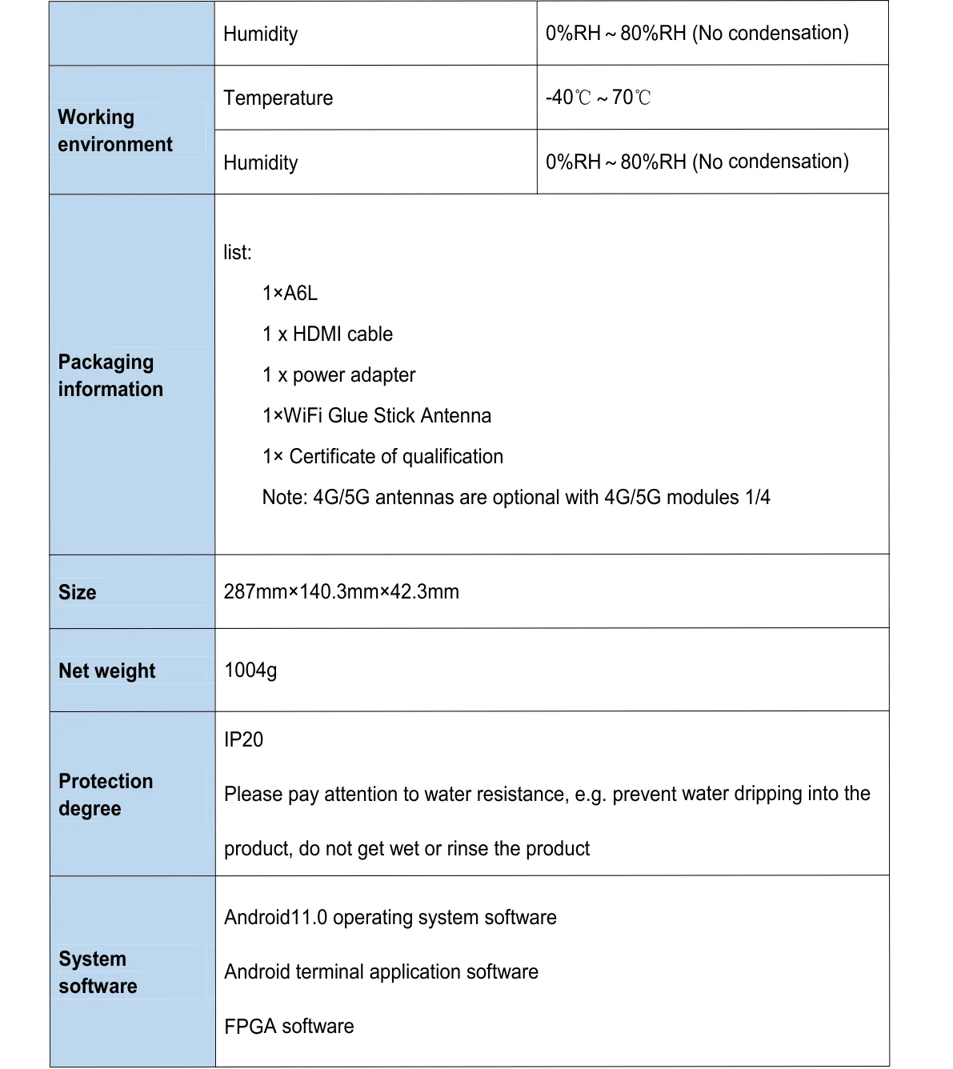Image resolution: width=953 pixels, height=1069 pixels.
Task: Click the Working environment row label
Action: (x=115, y=130)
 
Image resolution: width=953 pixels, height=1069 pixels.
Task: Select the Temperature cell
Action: (x=278, y=98)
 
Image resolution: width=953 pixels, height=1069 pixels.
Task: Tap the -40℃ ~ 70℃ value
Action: (x=598, y=98)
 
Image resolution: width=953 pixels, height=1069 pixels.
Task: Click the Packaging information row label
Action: (x=110, y=375)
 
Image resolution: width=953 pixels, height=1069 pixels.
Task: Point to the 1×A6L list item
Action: (x=290, y=294)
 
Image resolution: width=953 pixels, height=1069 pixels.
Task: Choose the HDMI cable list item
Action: (x=327, y=334)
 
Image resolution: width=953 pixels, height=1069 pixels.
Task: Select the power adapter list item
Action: (x=338, y=375)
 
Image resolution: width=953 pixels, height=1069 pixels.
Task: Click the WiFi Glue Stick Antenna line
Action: (x=376, y=416)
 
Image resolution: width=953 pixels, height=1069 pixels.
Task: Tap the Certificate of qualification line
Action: (x=382, y=457)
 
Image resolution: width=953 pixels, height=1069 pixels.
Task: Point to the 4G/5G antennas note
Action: (x=515, y=498)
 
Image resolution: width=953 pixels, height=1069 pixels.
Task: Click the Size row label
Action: (x=77, y=593)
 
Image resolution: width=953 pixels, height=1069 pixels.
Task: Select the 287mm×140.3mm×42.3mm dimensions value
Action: (x=341, y=592)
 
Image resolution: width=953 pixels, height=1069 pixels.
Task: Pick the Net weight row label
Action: (x=106, y=671)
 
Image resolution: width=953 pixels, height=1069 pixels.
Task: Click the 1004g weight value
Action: (x=250, y=671)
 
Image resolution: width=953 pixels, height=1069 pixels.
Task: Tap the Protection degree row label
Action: (x=106, y=795)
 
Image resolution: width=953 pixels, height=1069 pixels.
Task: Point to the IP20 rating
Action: (x=243, y=740)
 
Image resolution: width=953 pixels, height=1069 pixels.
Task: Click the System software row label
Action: (x=98, y=972)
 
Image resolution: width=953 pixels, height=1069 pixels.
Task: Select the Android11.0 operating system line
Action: (x=390, y=918)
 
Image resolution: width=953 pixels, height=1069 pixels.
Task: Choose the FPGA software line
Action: (x=289, y=1027)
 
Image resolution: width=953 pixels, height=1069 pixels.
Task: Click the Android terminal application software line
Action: (x=381, y=972)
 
